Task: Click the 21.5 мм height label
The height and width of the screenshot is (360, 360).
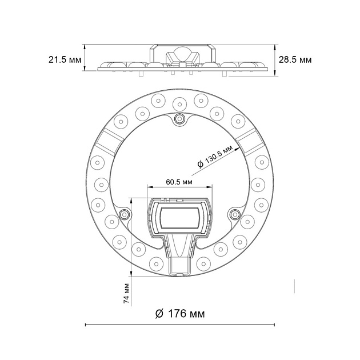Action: click(65, 59)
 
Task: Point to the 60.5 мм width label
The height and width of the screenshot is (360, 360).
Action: click(179, 182)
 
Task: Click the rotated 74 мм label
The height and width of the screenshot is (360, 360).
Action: click(127, 292)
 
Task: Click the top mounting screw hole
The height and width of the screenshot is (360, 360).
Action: click(180, 118)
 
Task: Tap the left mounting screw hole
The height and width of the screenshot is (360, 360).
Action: click(125, 214)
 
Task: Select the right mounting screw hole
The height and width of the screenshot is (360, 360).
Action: click(234, 214)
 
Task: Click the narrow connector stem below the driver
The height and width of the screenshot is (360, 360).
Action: click(180, 266)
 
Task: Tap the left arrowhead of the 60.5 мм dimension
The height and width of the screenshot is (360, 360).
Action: click(149, 187)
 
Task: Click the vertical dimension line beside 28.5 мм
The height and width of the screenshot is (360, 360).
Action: click(275, 59)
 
